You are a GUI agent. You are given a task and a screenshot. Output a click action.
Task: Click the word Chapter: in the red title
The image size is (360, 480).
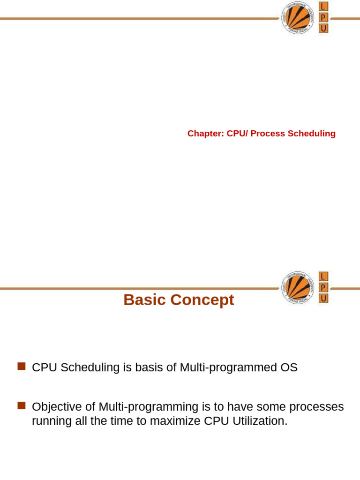tap(206, 134)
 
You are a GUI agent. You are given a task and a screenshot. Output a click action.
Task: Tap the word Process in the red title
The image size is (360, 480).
tap(267, 134)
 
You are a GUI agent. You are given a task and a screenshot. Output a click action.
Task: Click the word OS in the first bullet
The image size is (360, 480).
tap(289, 367)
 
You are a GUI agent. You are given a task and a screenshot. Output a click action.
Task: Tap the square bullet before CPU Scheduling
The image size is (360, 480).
tap(21, 366)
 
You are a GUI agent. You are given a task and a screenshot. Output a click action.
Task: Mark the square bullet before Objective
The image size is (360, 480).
tap(21, 405)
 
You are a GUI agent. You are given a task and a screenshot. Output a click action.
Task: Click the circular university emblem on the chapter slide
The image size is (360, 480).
tap(298, 18)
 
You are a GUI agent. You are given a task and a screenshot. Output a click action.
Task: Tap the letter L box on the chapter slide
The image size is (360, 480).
tap(323, 7)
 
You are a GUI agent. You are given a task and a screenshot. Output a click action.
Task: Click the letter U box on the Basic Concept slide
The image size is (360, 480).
tap(323, 299)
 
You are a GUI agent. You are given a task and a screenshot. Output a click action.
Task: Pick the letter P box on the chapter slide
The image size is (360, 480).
tap(323, 18)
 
